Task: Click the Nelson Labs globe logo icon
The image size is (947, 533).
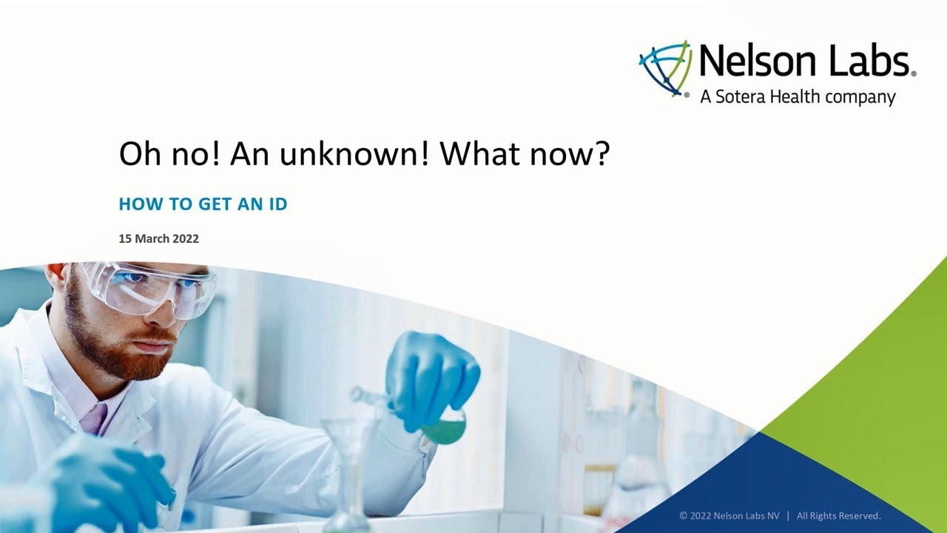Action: (665, 69)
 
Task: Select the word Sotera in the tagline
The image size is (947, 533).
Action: (741, 97)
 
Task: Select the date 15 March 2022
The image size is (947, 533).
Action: (158, 239)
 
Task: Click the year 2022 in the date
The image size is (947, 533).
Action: (186, 239)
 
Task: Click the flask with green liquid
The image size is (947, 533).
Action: (444, 428)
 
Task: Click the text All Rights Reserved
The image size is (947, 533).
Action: (838, 515)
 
